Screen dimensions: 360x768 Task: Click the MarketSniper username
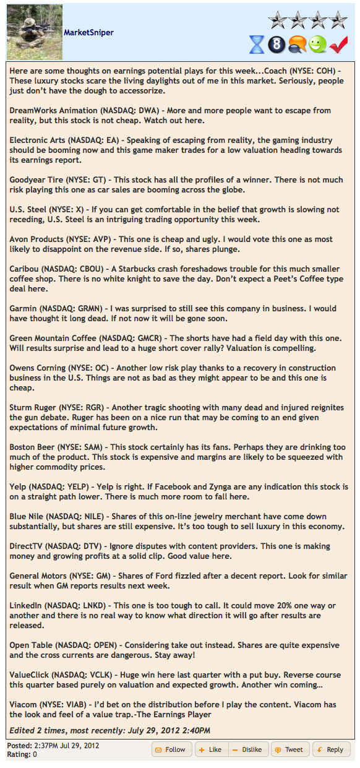point(88,32)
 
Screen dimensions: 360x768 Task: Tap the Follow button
point(171,749)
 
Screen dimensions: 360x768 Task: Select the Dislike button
point(248,749)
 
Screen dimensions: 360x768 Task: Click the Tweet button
point(289,749)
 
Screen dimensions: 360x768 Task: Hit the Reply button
point(331,749)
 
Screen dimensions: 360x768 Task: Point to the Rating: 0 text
point(22,754)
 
